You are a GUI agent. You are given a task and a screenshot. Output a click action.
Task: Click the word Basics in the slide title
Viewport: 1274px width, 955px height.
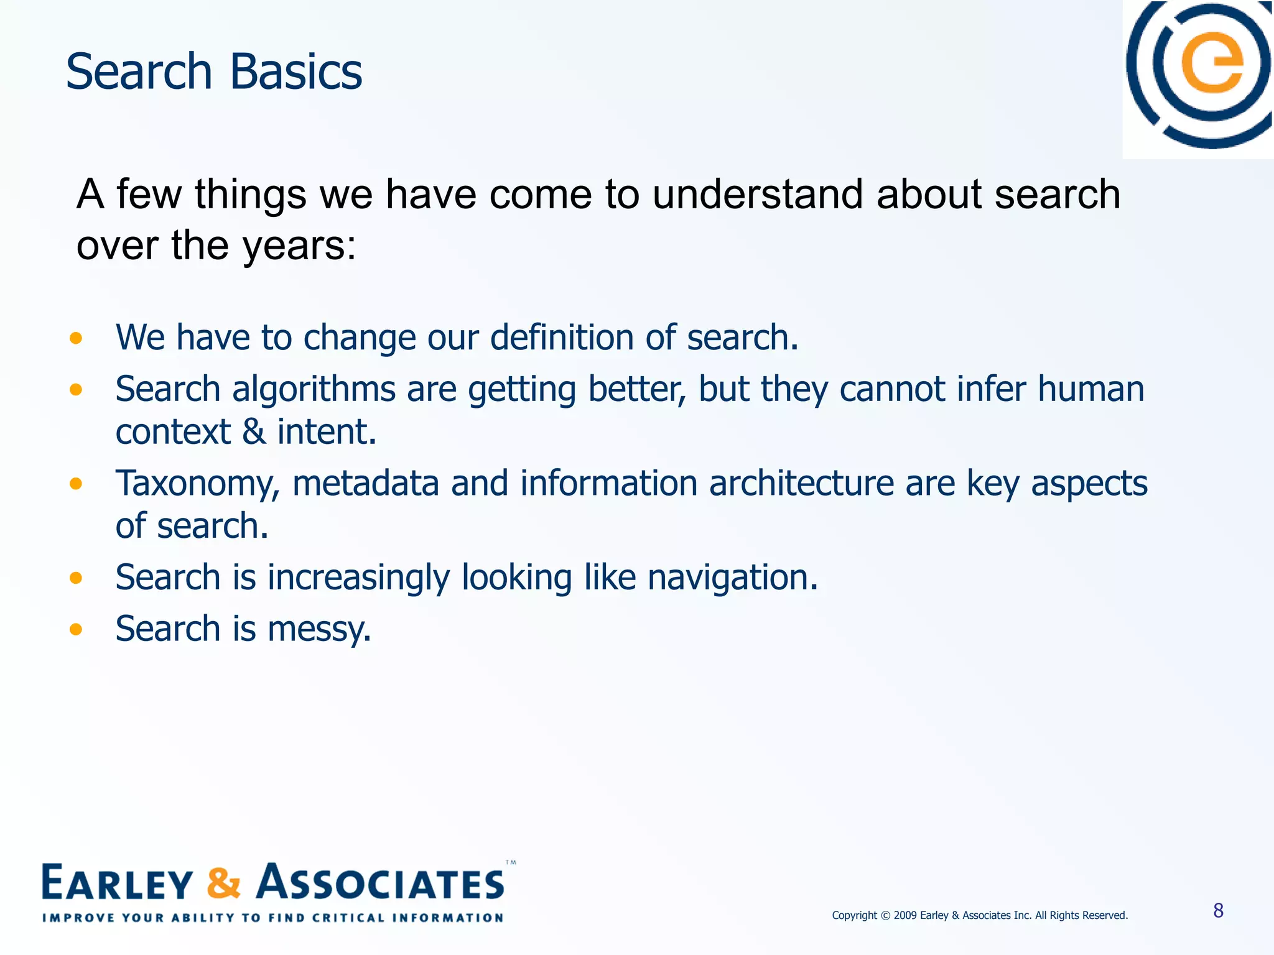(295, 72)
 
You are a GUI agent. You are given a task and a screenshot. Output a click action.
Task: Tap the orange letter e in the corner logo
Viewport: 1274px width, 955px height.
(1212, 62)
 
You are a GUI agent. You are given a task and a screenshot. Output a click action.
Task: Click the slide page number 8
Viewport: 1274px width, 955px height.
(1218, 911)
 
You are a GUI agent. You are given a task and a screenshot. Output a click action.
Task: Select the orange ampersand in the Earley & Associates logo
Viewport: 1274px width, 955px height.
(223, 883)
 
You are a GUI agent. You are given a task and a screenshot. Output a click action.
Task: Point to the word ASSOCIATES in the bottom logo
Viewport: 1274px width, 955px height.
(381, 883)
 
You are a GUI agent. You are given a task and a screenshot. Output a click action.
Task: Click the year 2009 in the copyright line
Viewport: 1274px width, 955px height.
(905, 915)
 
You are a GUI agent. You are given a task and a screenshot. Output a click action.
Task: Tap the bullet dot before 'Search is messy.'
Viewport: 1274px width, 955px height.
(76, 630)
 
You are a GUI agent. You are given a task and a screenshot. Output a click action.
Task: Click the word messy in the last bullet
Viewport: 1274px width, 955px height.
(318, 629)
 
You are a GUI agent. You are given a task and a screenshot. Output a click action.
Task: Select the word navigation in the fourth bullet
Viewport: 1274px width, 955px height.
(732, 578)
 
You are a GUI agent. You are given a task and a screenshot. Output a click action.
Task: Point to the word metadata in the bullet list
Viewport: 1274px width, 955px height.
(365, 484)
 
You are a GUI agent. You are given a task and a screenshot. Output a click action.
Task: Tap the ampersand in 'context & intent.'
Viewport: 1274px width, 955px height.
(253, 432)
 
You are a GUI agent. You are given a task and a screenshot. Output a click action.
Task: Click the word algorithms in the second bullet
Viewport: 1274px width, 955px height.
(314, 390)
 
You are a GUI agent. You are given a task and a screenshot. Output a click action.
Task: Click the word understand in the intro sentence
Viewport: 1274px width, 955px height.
(758, 194)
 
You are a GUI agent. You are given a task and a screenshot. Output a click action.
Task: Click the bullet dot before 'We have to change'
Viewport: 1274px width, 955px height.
(76, 338)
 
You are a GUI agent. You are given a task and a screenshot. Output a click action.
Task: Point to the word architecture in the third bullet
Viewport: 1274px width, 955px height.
(801, 484)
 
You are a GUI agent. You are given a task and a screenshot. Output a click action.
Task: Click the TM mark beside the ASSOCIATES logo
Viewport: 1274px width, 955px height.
(511, 863)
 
